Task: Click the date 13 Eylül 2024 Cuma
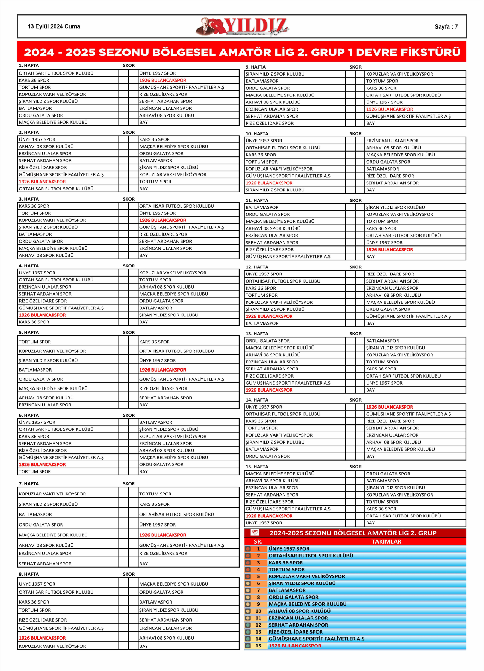pos(54,26)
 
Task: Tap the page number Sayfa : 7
pos(446,27)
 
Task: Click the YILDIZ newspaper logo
pos(243,26)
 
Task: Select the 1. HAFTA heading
pos(29,65)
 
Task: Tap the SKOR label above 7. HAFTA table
pos(129,484)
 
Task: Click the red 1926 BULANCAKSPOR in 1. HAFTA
pos(163,80)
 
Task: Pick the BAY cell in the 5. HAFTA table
pos(144,405)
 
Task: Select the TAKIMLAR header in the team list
pos(386,541)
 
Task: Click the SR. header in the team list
pos(258,541)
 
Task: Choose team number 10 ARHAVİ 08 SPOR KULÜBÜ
pos(300,611)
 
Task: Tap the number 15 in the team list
pos(258,646)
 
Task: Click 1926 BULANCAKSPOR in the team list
pos(295,646)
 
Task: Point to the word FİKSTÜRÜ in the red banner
pos(428,52)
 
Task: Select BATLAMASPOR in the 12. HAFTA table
pos(262,323)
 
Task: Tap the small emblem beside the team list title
pos(255,532)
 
